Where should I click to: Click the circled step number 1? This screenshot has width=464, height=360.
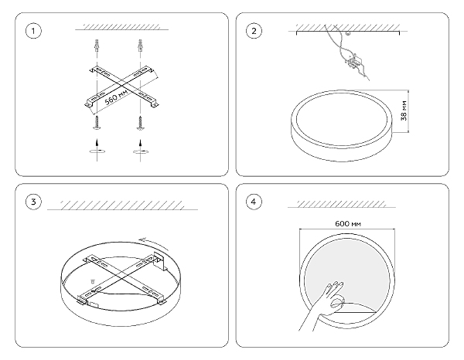pyautogui.click(x=33, y=31)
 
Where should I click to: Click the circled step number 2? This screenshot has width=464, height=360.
pyautogui.click(x=254, y=31)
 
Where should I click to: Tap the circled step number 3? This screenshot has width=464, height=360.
pyautogui.click(x=33, y=202)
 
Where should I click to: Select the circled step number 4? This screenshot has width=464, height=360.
pyautogui.click(x=254, y=202)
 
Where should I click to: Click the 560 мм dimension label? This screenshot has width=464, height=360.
pyautogui.click(x=117, y=97)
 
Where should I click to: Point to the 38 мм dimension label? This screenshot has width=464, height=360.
pyautogui.click(x=404, y=110)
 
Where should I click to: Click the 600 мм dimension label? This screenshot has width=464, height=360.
pyautogui.click(x=348, y=224)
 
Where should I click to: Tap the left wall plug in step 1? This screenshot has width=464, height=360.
pyautogui.click(x=97, y=45)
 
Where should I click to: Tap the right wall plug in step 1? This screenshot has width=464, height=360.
pyautogui.click(x=140, y=45)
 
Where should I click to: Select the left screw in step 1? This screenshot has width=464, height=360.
pyautogui.click(x=97, y=123)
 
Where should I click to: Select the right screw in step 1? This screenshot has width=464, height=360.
pyautogui.click(x=140, y=123)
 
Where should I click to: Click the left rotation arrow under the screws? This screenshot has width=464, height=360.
pyautogui.click(x=97, y=151)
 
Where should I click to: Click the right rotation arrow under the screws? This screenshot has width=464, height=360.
pyautogui.click(x=140, y=151)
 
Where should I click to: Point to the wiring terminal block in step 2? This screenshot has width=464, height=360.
pyautogui.click(x=353, y=63)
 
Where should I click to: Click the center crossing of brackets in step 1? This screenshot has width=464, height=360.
pyautogui.click(x=121, y=86)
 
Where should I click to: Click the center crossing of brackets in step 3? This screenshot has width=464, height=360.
pyautogui.click(x=121, y=277)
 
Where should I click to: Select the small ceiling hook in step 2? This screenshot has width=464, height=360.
pyautogui.click(x=348, y=33)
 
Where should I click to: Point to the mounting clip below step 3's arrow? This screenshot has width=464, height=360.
pyautogui.click(x=160, y=261)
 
